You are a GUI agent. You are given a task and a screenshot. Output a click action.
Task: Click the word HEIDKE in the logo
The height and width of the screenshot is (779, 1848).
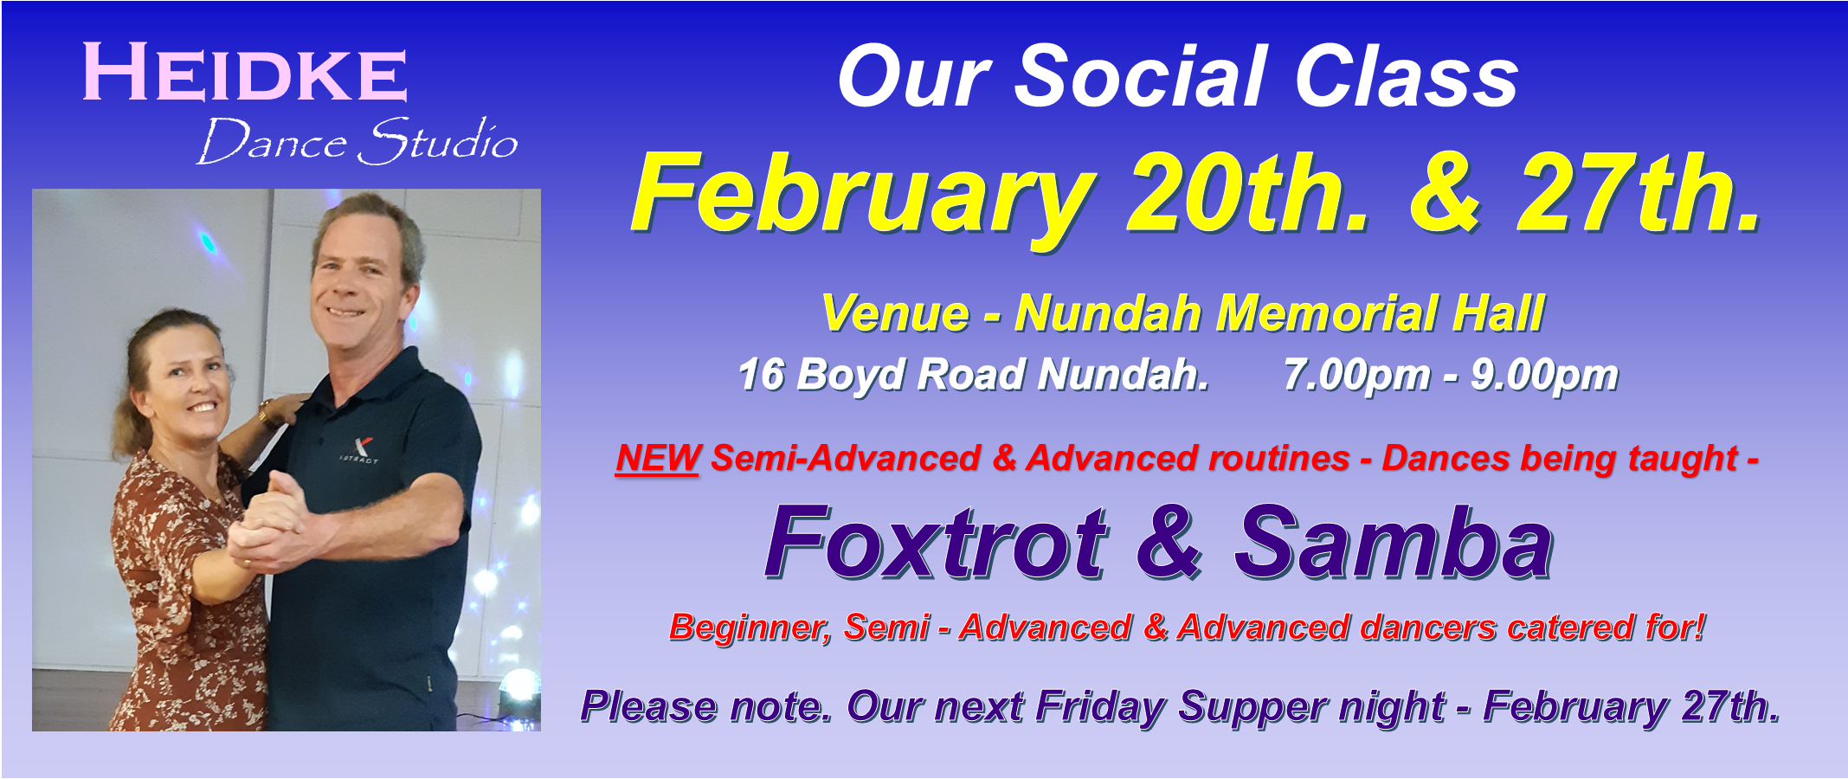(245, 73)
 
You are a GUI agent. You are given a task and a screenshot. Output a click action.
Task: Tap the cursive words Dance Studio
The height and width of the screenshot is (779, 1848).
(357, 141)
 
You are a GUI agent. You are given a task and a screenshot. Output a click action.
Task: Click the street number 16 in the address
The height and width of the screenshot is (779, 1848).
(761, 375)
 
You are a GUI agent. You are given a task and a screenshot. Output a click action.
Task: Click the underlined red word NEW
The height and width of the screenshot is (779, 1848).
(658, 459)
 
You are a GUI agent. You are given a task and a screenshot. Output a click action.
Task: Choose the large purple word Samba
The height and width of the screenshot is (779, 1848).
(1394, 543)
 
